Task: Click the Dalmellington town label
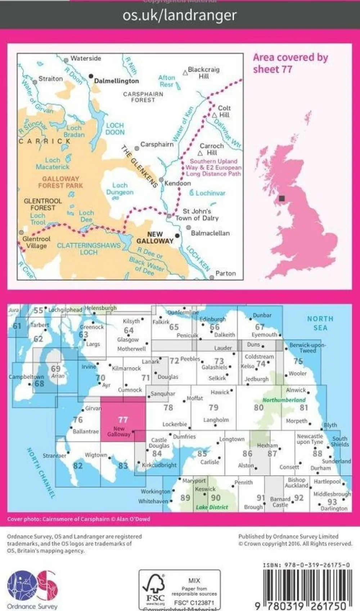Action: click(116, 81)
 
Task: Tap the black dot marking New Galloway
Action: click(177, 236)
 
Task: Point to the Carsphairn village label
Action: click(157, 144)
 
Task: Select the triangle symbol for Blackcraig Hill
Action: click(185, 73)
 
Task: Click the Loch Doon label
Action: click(115, 129)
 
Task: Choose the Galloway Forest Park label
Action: click(60, 182)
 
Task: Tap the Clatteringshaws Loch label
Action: click(89, 249)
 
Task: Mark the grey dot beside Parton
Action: click(212, 277)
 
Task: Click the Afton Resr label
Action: click(167, 81)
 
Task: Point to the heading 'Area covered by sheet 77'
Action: click(290, 63)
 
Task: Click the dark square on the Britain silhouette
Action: click(282, 198)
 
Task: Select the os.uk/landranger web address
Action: click(180, 15)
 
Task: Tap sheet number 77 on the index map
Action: click(123, 419)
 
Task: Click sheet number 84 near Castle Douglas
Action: click(157, 454)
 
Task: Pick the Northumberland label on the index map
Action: click(284, 400)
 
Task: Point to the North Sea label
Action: click(320, 323)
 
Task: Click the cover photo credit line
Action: click(78, 519)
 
